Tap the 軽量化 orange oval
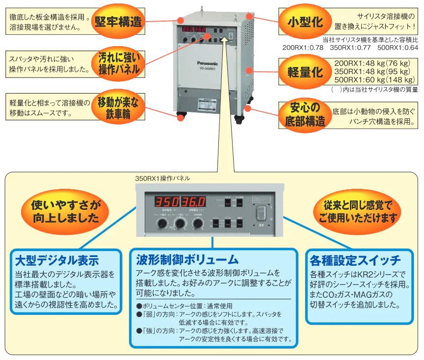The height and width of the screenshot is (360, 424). coord(305,72)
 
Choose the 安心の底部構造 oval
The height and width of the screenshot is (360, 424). coord(305,114)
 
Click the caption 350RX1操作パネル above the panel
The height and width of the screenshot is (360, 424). coord(162,179)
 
